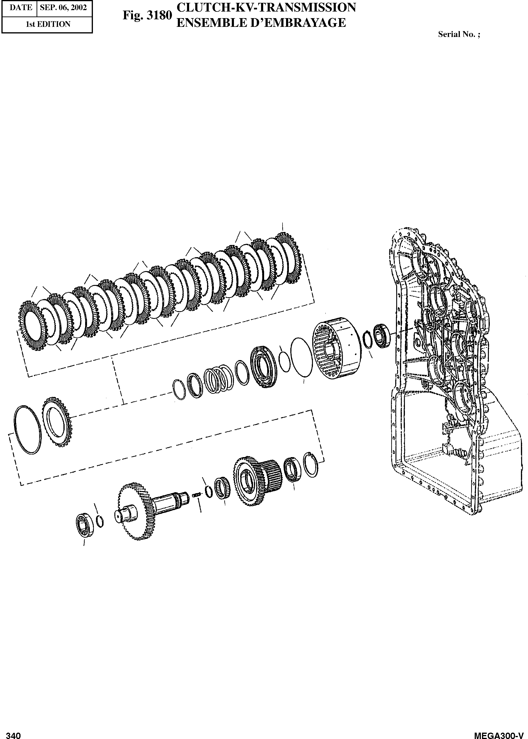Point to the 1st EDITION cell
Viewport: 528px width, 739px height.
tap(48, 24)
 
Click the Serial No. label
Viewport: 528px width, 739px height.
tap(459, 34)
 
